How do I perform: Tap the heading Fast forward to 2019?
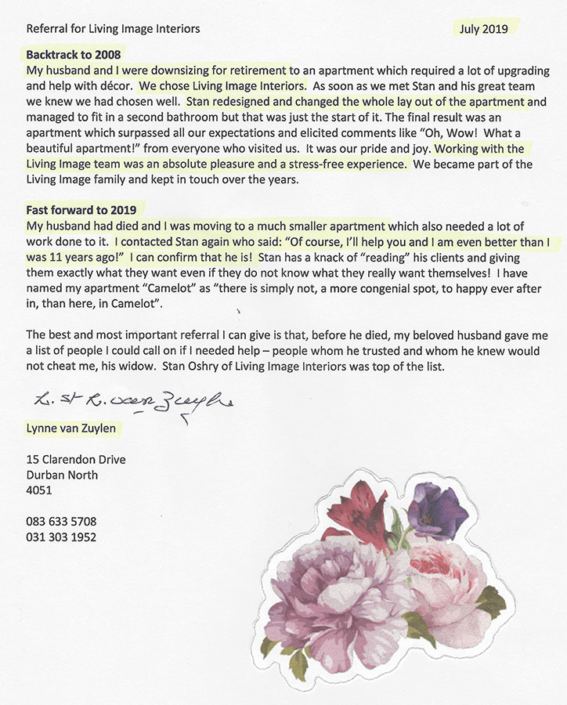coord(81,210)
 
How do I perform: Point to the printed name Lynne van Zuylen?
coord(74,428)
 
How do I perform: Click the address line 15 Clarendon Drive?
coord(76,460)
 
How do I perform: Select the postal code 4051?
coord(39,490)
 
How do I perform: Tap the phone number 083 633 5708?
coord(61,521)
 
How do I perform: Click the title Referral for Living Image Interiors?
coord(113,29)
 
